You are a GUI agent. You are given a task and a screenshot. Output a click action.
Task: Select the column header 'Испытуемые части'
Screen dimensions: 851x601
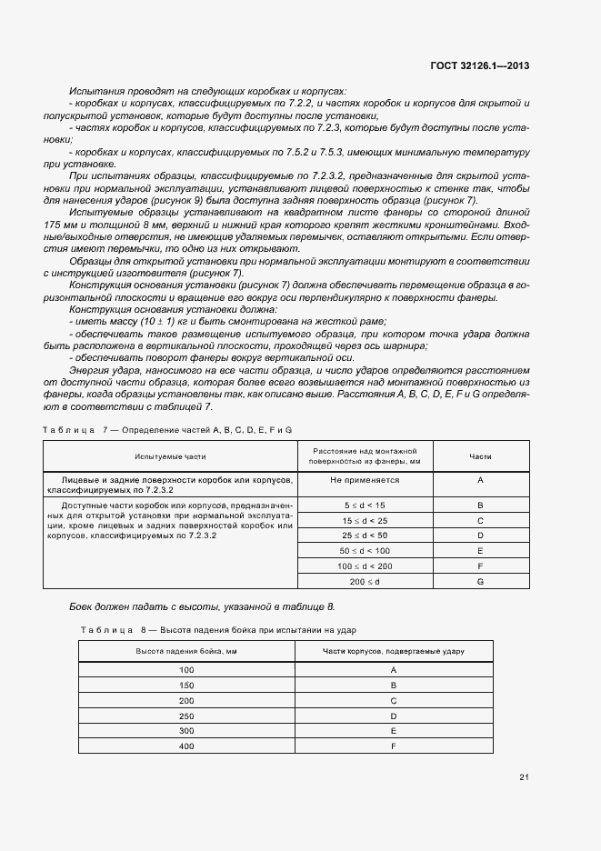tap(170, 456)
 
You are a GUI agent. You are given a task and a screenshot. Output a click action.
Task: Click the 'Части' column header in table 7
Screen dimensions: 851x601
tap(480, 456)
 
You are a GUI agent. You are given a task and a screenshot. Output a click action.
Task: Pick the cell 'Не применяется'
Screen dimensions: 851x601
tap(365, 479)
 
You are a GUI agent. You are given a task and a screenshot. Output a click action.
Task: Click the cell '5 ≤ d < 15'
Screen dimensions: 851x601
tap(365, 504)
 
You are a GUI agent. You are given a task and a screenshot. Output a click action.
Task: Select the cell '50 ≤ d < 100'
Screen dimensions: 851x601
tap(365, 550)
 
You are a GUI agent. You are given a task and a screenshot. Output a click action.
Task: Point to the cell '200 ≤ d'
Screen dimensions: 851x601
tap(365, 580)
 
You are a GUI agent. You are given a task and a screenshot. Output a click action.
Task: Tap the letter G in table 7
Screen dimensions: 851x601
tap(480, 580)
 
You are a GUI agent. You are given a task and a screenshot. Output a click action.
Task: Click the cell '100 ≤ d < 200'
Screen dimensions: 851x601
tap(365, 566)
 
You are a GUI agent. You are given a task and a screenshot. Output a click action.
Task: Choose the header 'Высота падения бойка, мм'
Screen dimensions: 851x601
tap(186, 651)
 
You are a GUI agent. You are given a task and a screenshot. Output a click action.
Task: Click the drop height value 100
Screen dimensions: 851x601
tap(186, 669)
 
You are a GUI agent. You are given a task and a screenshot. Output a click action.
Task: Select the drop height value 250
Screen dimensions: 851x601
tap(186, 716)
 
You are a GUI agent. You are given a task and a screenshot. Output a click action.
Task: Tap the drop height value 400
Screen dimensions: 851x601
tap(186, 746)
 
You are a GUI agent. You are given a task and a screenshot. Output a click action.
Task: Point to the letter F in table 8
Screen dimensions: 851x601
tap(394, 746)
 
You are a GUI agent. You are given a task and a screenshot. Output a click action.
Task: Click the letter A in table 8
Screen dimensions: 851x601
tap(394, 669)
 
